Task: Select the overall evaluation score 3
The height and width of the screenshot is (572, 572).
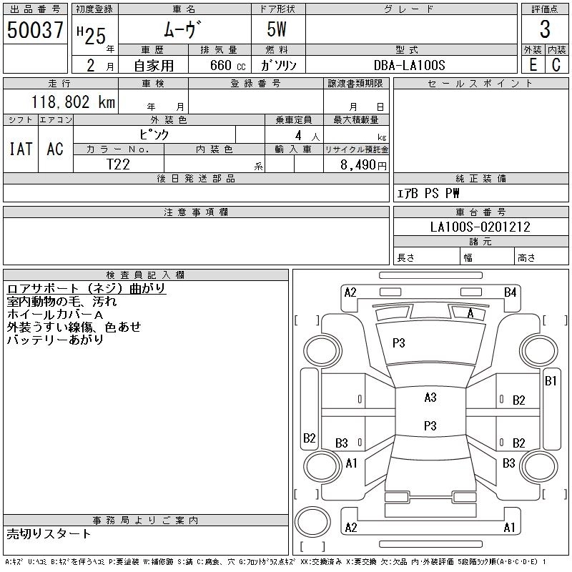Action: pos(545,29)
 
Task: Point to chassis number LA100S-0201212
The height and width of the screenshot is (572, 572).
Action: pos(480,227)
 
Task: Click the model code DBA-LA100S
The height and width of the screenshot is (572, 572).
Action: pos(410,65)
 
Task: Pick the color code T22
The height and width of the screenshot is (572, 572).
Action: pos(118,164)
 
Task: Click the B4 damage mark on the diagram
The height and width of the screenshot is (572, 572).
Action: pos(510,292)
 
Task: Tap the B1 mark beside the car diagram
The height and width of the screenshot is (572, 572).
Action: pos(551,381)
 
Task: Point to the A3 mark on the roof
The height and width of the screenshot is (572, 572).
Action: pos(430,398)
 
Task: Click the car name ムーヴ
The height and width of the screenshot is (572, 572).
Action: pos(184,29)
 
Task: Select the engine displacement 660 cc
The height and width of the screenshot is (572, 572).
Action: pos(225,65)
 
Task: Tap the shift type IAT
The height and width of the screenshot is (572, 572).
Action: pos(20,149)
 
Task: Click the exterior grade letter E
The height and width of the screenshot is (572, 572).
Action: pos(532,65)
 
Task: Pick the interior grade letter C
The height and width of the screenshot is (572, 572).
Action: pos(556,65)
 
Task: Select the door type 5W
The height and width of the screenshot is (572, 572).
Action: pos(278,29)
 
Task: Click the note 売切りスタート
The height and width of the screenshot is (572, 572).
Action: pos(49,533)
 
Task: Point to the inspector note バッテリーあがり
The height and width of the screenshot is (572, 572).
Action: pos(55,340)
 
